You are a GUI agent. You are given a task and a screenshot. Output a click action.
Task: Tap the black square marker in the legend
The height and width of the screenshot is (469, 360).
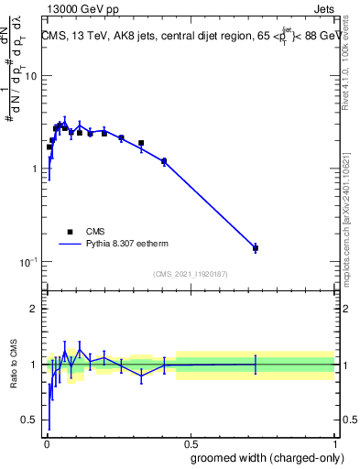click(70, 232)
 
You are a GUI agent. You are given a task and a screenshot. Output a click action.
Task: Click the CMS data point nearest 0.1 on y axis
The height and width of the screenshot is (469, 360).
click(256, 248)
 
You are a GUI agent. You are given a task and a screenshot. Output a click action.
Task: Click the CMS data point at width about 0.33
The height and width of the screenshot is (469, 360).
click(141, 143)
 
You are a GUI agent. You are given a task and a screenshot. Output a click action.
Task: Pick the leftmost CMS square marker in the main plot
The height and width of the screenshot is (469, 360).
click(49, 147)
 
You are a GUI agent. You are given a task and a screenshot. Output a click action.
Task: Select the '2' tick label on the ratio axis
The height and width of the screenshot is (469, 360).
click(33, 309)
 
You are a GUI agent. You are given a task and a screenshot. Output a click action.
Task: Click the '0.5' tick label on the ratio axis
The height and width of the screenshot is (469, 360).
click(28, 420)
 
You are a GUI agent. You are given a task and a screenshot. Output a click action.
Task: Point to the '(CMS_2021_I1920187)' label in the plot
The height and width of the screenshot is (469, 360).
click(190, 274)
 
